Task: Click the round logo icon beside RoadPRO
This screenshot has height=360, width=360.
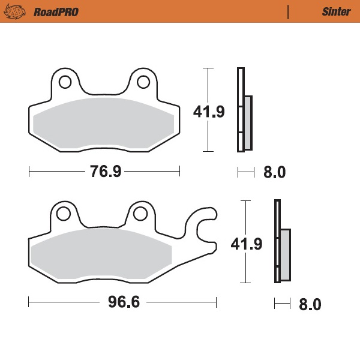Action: point(21,11)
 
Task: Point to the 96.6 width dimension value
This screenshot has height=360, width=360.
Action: point(124,302)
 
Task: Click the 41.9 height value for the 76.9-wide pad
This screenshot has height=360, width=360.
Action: point(208,112)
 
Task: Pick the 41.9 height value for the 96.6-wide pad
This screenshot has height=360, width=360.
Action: point(246,244)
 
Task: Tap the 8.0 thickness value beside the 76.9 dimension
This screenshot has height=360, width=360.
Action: point(274,173)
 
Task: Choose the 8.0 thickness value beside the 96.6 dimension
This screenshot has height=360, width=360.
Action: point(310,304)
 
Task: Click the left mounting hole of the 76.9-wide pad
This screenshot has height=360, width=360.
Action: point(65,81)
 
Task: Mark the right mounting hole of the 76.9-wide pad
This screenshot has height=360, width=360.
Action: point(143,81)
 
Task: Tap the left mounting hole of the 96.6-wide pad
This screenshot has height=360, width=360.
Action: point(62,212)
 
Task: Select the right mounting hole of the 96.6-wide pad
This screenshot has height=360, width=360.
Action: point(140,212)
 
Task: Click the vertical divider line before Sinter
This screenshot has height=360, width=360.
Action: point(289,11)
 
